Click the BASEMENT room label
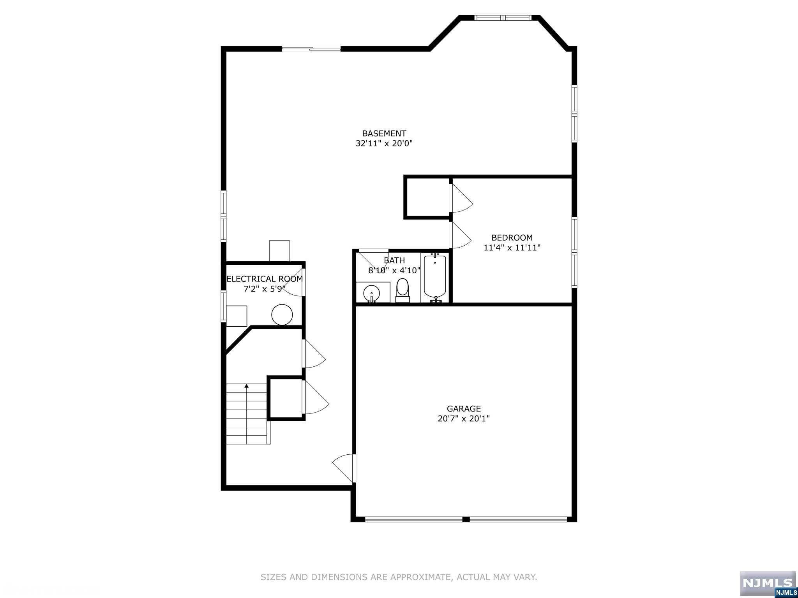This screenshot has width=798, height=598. pyautogui.click(x=384, y=134)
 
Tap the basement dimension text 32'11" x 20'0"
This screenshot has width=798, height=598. pyautogui.click(x=384, y=143)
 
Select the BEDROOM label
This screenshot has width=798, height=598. pyautogui.click(x=512, y=237)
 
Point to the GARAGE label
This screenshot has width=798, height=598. pyautogui.click(x=464, y=408)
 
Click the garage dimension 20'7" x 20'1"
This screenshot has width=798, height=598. pyautogui.click(x=464, y=419)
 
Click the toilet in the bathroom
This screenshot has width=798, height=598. pyautogui.click(x=403, y=290)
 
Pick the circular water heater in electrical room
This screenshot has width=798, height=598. pyautogui.click(x=282, y=315)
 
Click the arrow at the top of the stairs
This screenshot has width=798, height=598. pyautogui.click(x=247, y=386)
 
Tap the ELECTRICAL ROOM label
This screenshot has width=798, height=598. pyautogui.click(x=265, y=279)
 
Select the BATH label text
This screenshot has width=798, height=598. pyautogui.click(x=394, y=260)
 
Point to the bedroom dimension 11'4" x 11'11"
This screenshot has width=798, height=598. pyautogui.click(x=512, y=248)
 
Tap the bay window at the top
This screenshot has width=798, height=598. pyautogui.click(x=502, y=18)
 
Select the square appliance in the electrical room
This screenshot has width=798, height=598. pyautogui.click(x=237, y=316)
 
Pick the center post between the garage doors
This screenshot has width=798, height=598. pyautogui.click(x=466, y=519)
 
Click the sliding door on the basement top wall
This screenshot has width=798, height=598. pyautogui.click(x=311, y=49)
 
